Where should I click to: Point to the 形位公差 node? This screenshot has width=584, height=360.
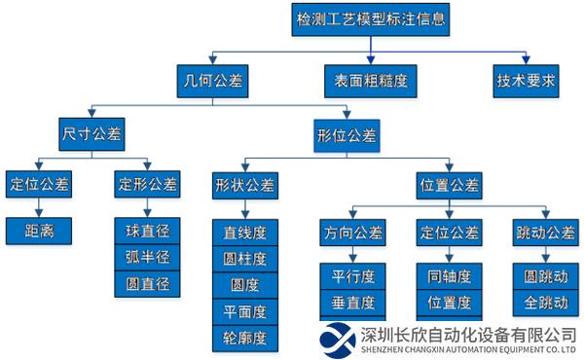click(x=347, y=132)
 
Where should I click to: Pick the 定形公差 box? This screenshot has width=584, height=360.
click(x=148, y=184)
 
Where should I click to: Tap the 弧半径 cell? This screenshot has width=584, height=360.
click(x=148, y=259)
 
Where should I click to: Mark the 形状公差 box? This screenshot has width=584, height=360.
click(x=244, y=184)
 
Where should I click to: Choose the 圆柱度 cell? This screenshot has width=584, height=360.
click(x=244, y=260)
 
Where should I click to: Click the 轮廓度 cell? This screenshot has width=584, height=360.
click(x=244, y=338)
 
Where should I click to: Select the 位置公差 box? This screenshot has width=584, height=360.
click(x=449, y=184)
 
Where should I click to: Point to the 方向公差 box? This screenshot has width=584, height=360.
click(x=353, y=233)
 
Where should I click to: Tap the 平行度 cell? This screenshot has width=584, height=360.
click(x=353, y=275)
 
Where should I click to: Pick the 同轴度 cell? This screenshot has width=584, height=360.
click(x=449, y=275)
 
